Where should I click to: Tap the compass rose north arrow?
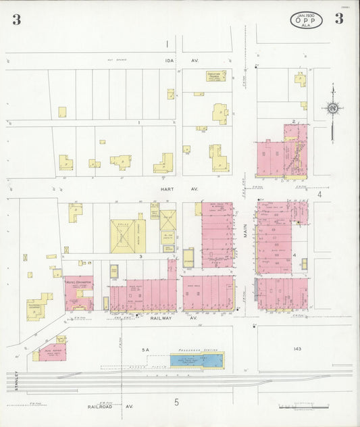[332, 107]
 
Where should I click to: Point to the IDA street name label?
[170, 60]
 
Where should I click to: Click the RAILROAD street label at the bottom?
[101, 407]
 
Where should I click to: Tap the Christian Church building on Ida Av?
[216, 76]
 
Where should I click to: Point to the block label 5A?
[143, 350]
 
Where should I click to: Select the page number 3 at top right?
[338, 19]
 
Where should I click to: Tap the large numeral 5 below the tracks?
[176, 403]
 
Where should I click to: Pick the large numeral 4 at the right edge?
[319, 195]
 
